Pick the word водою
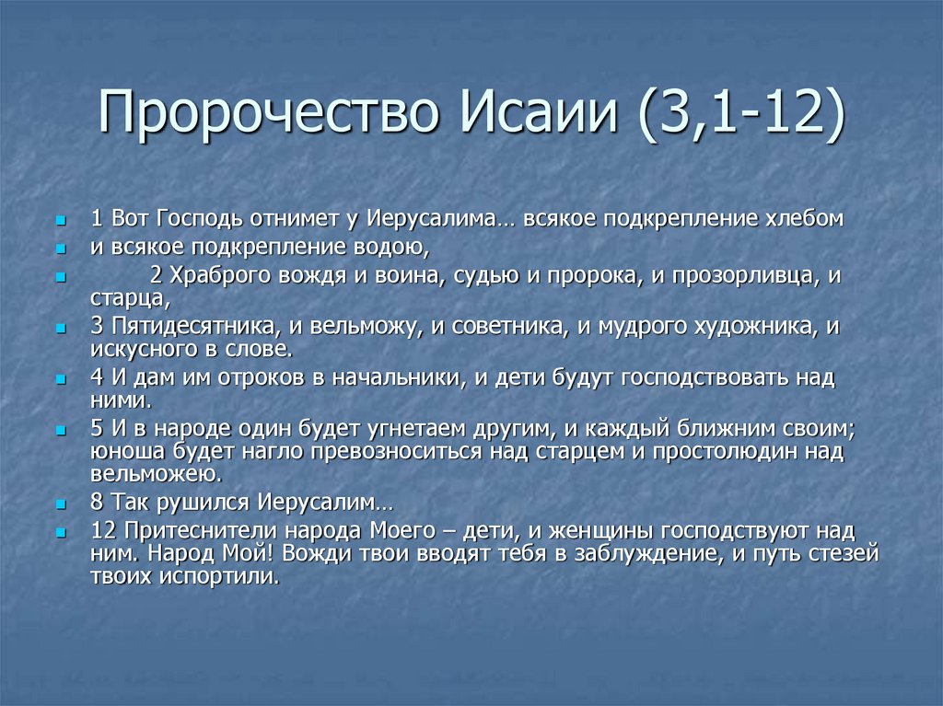392,247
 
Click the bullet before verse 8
61,505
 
